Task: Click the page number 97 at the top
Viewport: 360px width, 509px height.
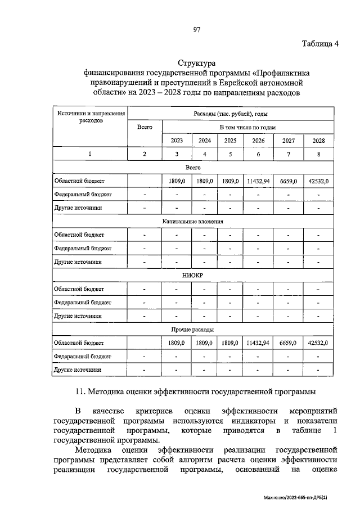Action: [x=197, y=29]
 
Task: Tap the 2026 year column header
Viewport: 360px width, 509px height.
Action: [x=258, y=141]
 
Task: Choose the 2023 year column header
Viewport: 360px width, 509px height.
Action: [x=177, y=141]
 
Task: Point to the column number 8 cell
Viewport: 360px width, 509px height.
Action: [x=318, y=154]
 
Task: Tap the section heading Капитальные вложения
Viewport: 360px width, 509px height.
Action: [x=192, y=222]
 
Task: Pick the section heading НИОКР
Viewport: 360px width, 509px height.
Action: [x=192, y=276]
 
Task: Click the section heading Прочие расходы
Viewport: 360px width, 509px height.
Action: [x=192, y=330]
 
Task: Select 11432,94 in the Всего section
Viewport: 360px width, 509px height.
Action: [x=258, y=181]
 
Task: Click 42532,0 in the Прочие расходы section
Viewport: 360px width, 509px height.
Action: [x=318, y=343]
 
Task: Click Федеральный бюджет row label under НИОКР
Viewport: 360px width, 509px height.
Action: [x=83, y=303]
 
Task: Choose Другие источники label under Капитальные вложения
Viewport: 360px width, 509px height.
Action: [x=78, y=262]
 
